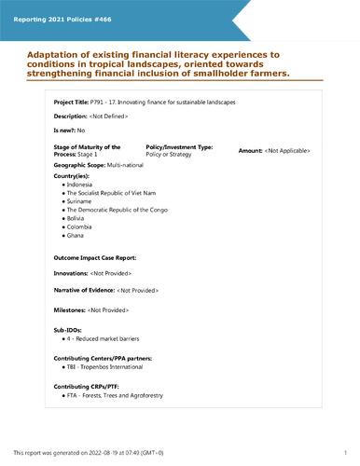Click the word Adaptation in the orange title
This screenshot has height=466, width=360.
41,54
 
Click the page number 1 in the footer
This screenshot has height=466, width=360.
344,452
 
